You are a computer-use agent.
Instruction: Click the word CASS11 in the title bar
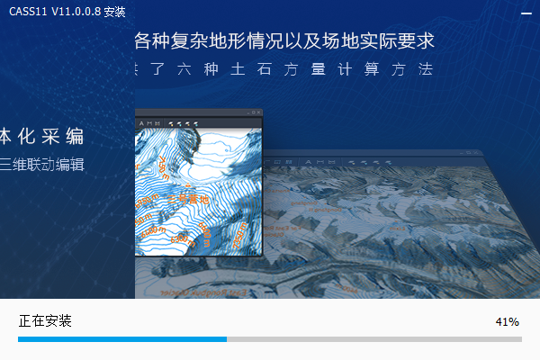tap(28, 12)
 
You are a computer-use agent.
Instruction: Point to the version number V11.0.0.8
tap(76, 12)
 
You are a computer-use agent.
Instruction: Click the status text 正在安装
tap(45, 321)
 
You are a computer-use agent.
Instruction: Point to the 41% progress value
tap(508, 321)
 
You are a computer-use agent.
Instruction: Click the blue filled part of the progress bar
tap(121, 339)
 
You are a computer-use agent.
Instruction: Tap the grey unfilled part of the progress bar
tap(373, 339)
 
